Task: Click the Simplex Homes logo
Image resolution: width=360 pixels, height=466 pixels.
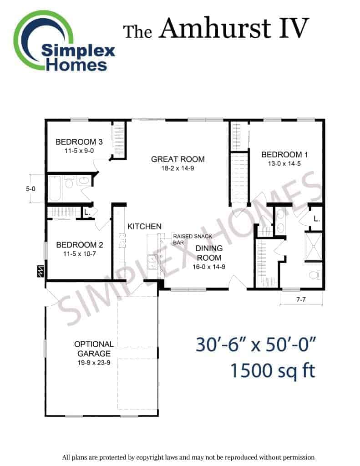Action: point(64,41)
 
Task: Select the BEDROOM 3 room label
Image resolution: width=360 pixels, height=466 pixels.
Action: point(79,142)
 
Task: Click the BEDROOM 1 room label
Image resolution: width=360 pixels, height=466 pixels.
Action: point(284,155)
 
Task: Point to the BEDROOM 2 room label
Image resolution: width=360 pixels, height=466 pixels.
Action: point(79,245)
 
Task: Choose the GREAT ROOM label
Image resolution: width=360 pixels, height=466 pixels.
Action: point(178,159)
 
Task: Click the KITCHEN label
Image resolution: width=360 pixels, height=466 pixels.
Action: point(144,227)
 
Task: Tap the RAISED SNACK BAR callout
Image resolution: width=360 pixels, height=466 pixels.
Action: point(193,239)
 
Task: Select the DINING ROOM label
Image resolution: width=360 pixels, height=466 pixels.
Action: point(209,253)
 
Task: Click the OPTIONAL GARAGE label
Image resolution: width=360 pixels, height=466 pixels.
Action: point(94,349)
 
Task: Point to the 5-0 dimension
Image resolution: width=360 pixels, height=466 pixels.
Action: point(30,189)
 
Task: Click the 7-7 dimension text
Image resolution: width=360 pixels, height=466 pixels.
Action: point(301,299)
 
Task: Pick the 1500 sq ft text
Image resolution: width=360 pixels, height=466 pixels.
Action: point(273,371)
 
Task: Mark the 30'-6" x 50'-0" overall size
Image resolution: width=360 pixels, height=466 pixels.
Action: point(256,345)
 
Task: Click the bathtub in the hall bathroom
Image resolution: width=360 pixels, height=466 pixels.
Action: point(55,188)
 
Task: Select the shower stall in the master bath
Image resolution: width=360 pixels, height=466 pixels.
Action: point(313,247)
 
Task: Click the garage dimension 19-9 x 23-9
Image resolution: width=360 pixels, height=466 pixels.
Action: point(94,363)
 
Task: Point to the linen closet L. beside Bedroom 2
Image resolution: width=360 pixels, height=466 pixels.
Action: point(87,212)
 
